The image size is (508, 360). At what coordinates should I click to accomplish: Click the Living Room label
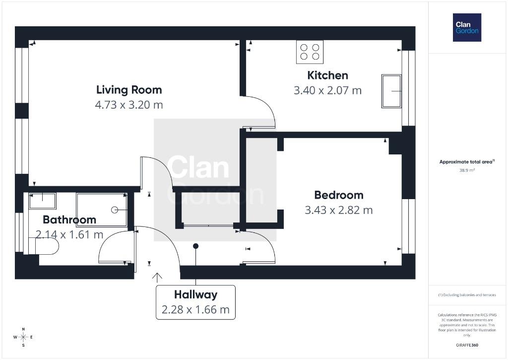click(x=129, y=90)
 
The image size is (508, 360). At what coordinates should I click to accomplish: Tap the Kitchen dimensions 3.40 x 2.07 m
click(x=327, y=90)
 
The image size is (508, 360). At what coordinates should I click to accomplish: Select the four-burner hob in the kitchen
click(x=310, y=52)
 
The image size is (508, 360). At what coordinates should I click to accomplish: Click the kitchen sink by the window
click(x=391, y=91)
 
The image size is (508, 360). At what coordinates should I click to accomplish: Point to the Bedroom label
click(x=338, y=195)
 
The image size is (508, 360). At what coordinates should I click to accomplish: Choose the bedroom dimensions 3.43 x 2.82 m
click(x=338, y=210)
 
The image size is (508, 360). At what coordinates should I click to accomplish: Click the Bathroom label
click(x=69, y=219)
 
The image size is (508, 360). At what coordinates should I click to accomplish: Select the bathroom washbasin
click(x=43, y=201)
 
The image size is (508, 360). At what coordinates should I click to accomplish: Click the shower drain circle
click(x=115, y=210)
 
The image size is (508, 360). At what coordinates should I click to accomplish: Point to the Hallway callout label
click(x=195, y=294)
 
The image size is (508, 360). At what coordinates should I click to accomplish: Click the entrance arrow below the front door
click(x=157, y=278)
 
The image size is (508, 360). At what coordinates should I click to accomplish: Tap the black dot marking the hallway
click(x=195, y=246)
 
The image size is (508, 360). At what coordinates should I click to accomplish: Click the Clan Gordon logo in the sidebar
click(x=467, y=28)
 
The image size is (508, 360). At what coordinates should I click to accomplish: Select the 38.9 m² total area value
click(x=467, y=170)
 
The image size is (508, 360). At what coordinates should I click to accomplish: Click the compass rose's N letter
click(x=23, y=329)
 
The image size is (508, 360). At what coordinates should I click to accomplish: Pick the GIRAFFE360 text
click(x=467, y=345)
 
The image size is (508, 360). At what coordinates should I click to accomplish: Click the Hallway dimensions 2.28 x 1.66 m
click(x=195, y=310)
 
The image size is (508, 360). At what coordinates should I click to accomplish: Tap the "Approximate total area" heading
click(x=466, y=161)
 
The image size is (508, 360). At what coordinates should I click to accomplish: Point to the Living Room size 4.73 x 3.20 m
click(x=129, y=105)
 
